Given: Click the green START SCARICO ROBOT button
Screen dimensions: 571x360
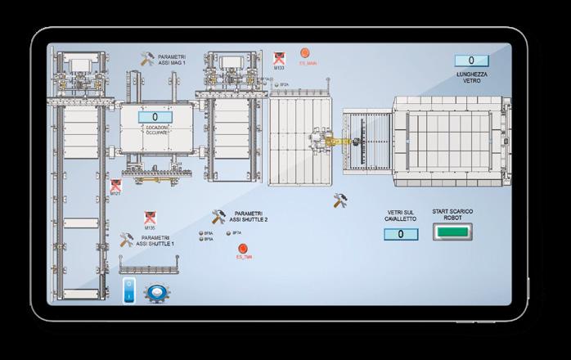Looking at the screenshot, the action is click(x=452, y=233).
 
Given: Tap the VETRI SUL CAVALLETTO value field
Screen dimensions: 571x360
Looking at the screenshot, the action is click(x=401, y=235).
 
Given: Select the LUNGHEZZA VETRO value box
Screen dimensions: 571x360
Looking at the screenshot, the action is click(x=472, y=61).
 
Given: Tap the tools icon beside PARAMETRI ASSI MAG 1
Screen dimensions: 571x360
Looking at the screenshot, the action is click(x=147, y=59).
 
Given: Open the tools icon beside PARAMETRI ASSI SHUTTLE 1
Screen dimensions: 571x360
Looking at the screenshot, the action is click(x=126, y=240).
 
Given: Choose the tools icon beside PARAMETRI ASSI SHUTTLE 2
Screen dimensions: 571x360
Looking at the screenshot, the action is click(x=218, y=216).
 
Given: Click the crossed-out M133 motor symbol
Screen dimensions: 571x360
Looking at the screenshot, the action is click(x=279, y=58).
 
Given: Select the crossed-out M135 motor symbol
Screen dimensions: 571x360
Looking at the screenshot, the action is click(x=150, y=218).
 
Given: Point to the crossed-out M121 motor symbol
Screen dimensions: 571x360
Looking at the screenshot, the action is click(x=115, y=186).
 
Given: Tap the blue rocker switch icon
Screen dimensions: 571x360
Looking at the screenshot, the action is click(x=128, y=292).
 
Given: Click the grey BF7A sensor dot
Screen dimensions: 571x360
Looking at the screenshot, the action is click(x=228, y=233).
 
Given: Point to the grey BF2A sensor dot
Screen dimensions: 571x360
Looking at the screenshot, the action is click(x=277, y=84).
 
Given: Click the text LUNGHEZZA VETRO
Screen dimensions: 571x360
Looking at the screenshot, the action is click(x=472, y=76).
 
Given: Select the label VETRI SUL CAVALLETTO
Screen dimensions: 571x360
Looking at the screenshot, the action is click(x=401, y=215).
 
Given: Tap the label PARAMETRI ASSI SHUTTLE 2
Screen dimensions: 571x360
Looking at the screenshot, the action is click(x=249, y=216).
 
